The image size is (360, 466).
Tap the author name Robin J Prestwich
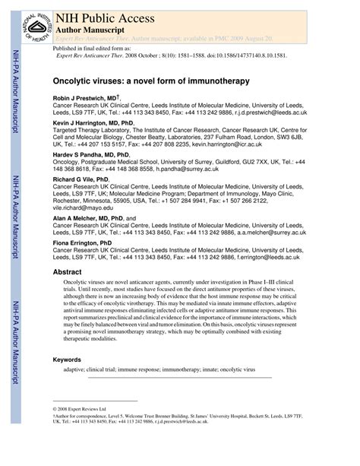click(x=84, y=98)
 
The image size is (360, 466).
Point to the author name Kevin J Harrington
click(x=93, y=122)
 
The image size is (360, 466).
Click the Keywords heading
click(x=71, y=360)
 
